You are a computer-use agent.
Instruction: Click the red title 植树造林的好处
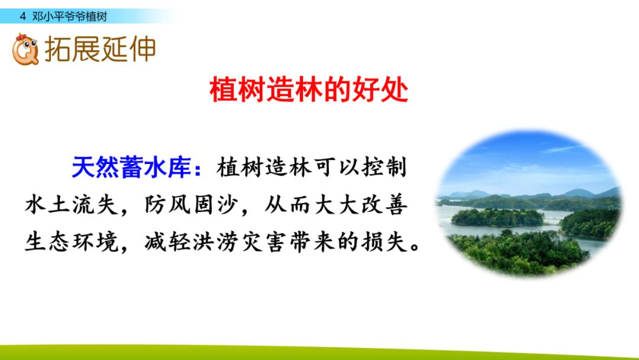click(308, 89)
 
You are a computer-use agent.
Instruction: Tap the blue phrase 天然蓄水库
click(131, 167)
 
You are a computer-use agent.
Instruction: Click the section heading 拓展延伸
click(100, 49)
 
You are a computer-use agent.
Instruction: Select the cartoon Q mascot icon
click(25, 49)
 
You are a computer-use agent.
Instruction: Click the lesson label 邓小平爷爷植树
click(70, 17)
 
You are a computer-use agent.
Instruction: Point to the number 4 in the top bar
click(23, 17)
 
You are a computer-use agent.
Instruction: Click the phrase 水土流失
click(72, 205)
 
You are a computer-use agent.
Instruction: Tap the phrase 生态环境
click(72, 242)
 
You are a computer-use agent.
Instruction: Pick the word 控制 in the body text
click(384, 167)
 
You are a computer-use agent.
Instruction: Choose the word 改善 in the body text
click(384, 205)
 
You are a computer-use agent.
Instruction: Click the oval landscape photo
click(529, 202)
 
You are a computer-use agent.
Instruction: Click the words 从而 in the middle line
click(288, 205)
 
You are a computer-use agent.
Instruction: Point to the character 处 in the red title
click(394, 89)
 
